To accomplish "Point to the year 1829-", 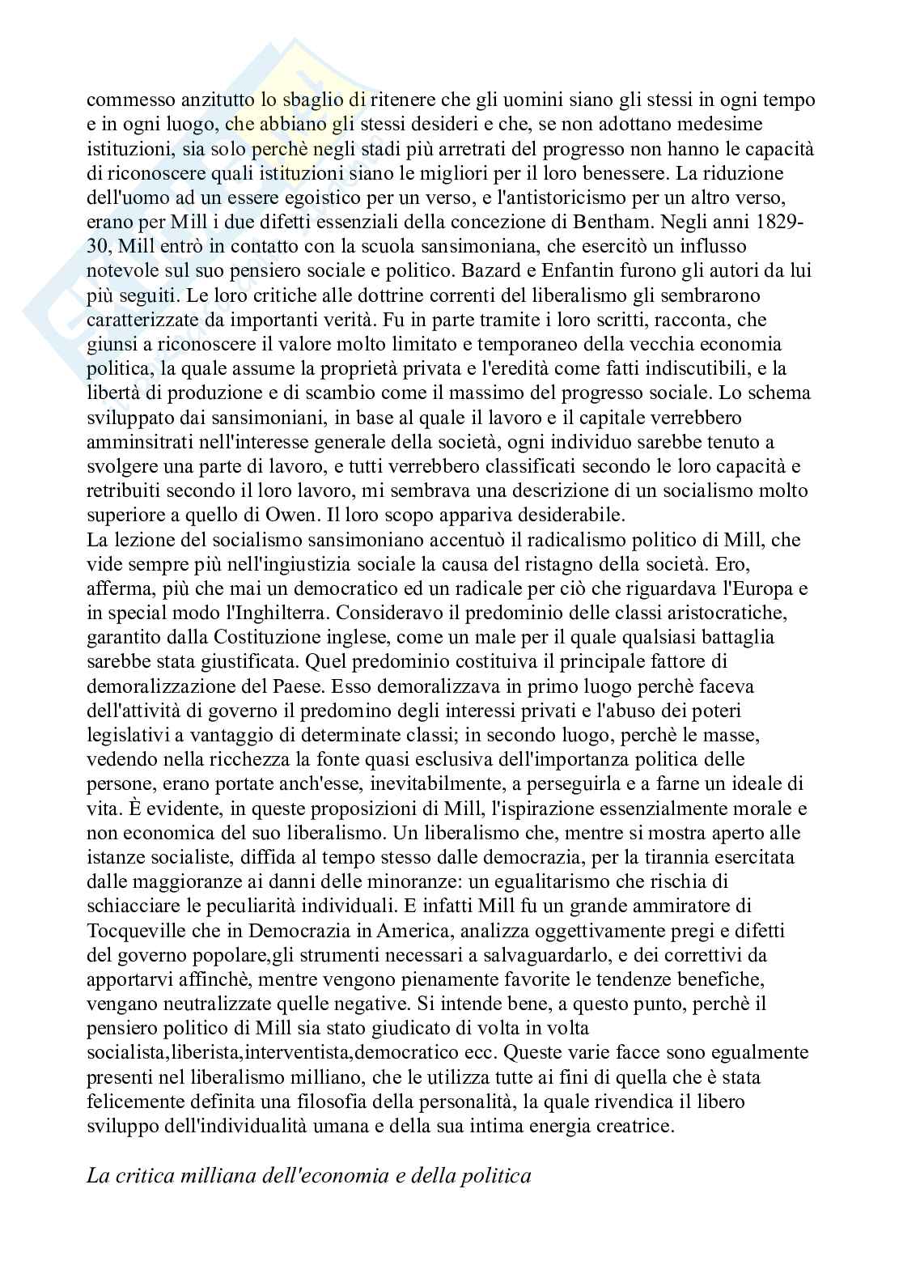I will pyautogui.click(x=778, y=222).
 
